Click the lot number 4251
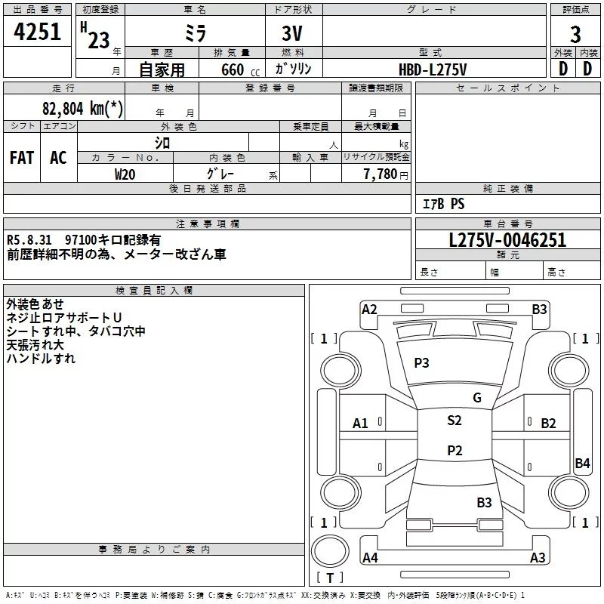click(x=37, y=32)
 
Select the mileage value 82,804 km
click(x=73, y=108)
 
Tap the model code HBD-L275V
click(x=433, y=69)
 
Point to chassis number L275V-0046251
click(x=507, y=240)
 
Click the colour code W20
click(x=125, y=174)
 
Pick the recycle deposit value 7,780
click(x=381, y=174)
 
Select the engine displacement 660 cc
click(x=240, y=70)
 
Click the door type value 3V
click(x=292, y=33)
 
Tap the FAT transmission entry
click(x=22, y=158)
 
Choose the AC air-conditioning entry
click(x=58, y=158)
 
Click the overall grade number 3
click(x=575, y=35)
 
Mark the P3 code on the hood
click(x=421, y=362)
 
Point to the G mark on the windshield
click(x=477, y=398)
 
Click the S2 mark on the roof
click(x=455, y=420)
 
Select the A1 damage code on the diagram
click(x=360, y=424)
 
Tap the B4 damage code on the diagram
click(x=582, y=463)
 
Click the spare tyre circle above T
click(x=330, y=551)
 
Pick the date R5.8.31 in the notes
click(x=29, y=240)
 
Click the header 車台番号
click(x=507, y=223)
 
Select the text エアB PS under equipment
click(x=443, y=204)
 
